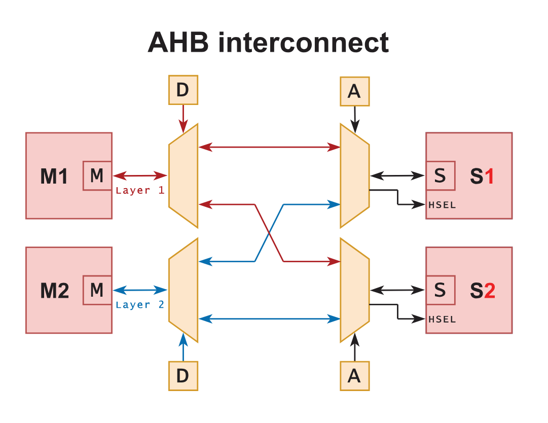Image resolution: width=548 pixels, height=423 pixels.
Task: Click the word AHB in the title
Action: point(178,42)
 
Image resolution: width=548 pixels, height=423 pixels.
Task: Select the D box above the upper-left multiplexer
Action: point(182,90)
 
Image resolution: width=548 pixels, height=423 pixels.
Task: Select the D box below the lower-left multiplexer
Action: point(182,376)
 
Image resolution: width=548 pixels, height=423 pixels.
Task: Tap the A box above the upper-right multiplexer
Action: point(354,91)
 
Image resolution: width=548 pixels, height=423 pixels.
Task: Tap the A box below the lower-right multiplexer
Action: point(354,376)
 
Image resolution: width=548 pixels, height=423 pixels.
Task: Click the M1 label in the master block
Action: point(54,177)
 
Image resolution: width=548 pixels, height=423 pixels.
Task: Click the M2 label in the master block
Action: point(54,291)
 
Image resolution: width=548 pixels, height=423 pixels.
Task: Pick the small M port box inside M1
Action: point(97,176)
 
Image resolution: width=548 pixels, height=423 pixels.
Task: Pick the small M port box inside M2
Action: point(97,291)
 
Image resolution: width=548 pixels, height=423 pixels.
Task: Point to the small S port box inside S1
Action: point(440,176)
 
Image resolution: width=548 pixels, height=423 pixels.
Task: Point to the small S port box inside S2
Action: point(440,291)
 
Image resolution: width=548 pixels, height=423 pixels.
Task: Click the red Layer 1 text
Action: point(140,191)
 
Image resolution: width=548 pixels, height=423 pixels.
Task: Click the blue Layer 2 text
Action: point(140,305)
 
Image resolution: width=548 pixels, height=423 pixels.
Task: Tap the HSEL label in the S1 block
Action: point(442,205)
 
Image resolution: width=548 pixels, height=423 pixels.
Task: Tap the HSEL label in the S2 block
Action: point(442,320)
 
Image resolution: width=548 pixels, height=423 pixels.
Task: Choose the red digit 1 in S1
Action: point(489,177)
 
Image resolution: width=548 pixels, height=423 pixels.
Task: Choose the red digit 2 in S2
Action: point(489,291)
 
